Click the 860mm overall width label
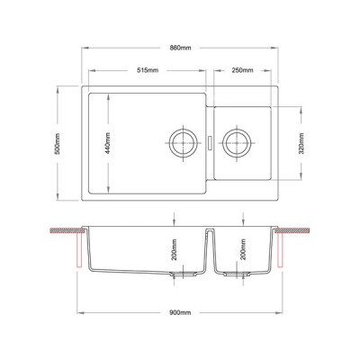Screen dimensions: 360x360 [x=180, y=48]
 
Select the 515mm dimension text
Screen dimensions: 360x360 [x=148, y=70]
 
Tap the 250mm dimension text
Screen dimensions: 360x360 [x=242, y=70]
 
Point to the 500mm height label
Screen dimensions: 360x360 [x=58, y=143]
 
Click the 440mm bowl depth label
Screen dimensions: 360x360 [x=108, y=143]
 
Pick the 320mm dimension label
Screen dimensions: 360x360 [x=301, y=143]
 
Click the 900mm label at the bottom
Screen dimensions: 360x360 [x=180, y=313]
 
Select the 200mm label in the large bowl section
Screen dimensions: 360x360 [x=175, y=249]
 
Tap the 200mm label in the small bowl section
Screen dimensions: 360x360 [x=243, y=249]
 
